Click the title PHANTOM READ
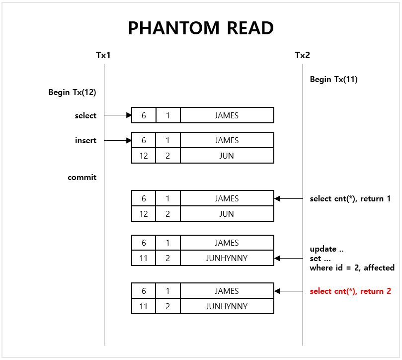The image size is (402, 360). click(x=201, y=28)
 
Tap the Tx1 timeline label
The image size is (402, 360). click(x=103, y=55)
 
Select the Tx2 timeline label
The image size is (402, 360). click(x=302, y=55)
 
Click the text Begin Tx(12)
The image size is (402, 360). click(x=72, y=92)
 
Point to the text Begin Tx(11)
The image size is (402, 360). click(x=333, y=79)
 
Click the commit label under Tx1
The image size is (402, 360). click(x=82, y=177)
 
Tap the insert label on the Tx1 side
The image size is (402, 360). click(x=85, y=140)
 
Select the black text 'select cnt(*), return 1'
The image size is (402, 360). click(x=350, y=198)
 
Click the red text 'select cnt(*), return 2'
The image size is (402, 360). click(x=350, y=291)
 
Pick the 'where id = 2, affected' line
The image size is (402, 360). click(x=352, y=268)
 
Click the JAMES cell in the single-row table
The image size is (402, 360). click(x=227, y=115)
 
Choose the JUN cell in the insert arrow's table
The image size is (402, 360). click(x=227, y=156)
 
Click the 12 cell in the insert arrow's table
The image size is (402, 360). click(x=144, y=156)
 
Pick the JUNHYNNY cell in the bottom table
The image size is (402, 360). click(x=227, y=306)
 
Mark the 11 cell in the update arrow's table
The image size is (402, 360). click(x=144, y=258)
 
